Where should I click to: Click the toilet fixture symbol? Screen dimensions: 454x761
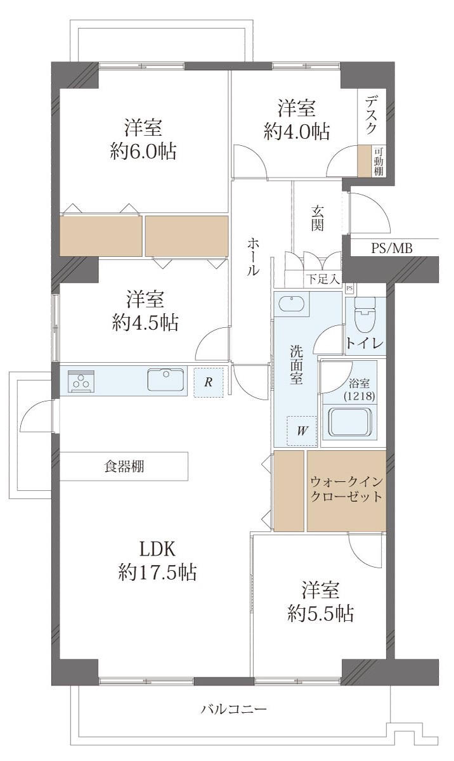pyautogui.click(x=365, y=315)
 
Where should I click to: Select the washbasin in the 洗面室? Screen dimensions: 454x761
pyautogui.click(x=291, y=303)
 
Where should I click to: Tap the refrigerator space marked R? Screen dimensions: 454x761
pyautogui.click(x=209, y=382)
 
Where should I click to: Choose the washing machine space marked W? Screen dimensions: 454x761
pyautogui.click(x=302, y=431)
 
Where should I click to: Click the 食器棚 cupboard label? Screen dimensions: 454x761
pyautogui.click(x=124, y=466)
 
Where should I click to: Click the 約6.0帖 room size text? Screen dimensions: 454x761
pyautogui.click(x=143, y=152)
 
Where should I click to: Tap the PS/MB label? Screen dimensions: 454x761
pyautogui.click(x=391, y=249)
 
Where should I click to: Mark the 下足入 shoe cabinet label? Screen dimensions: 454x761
pyautogui.click(x=323, y=279)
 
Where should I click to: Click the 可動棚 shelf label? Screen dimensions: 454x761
pyautogui.click(x=379, y=162)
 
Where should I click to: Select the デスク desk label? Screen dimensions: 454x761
pyautogui.click(x=372, y=115)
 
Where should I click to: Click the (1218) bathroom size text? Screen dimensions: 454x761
pyautogui.click(x=360, y=396)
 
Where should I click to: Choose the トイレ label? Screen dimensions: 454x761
pyautogui.click(x=365, y=343)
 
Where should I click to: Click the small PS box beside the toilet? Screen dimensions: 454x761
pyautogui.click(x=349, y=289)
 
